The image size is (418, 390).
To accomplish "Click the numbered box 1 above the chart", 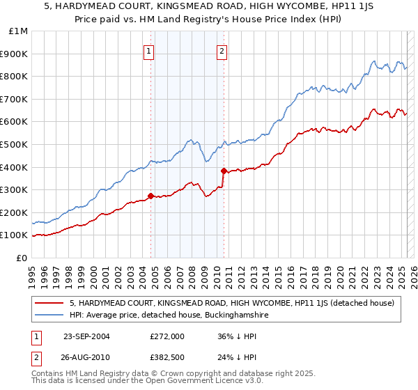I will tap(149, 50).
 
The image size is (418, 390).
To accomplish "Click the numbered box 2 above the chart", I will tap(222, 50).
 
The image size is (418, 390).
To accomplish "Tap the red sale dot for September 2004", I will tap(151, 196).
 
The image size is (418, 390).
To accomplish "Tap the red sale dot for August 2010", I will tap(224, 171).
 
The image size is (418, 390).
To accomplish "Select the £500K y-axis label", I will tap(15, 145).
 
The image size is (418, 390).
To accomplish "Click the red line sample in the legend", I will tap(49, 303).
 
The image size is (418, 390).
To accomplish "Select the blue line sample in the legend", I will tap(49, 315).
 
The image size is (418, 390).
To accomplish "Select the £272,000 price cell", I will tap(167, 336).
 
